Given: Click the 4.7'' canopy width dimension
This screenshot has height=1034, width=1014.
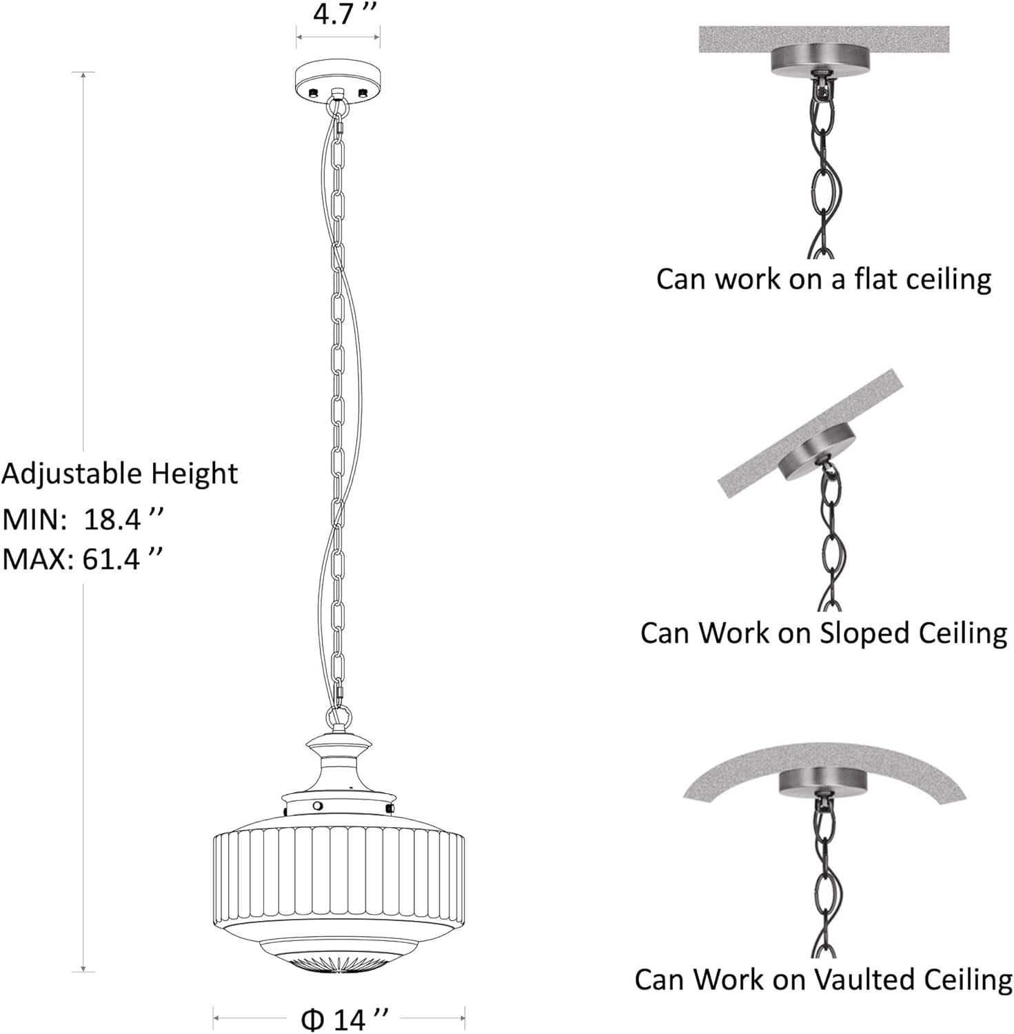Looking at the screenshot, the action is tap(345, 13).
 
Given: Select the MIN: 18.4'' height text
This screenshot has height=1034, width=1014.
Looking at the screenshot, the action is tap(83, 518).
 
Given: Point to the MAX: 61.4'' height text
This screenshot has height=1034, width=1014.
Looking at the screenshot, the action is tap(83, 559).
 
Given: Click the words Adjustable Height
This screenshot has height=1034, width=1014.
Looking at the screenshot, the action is tap(119, 474).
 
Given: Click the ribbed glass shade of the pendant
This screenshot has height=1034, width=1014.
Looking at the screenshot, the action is tap(338, 875).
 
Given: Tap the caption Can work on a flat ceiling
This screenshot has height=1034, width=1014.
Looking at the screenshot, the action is tap(824, 279).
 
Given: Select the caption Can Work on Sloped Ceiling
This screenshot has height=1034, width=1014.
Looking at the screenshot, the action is tap(824, 633).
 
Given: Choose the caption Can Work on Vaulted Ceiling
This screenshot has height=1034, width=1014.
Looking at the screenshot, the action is tap(824, 979).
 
